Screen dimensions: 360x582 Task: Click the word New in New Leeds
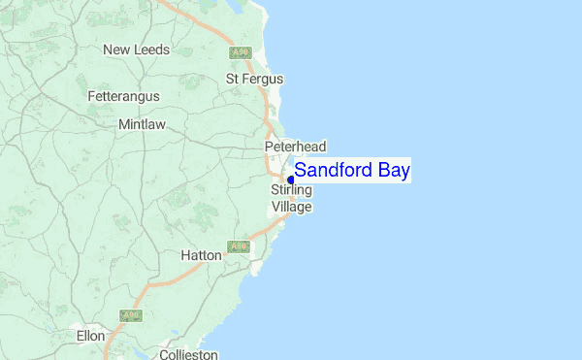[x=117, y=49]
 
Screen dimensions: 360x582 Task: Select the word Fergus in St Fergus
[x=264, y=78]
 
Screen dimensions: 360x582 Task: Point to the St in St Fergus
[x=233, y=78]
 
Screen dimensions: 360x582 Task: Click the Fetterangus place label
[x=123, y=97]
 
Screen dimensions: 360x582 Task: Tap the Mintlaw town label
[x=142, y=124]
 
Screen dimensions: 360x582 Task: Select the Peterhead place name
[x=295, y=146]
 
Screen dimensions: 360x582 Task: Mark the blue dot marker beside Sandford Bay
[x=291, y=180]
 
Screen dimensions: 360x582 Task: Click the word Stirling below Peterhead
[x=291, y=191]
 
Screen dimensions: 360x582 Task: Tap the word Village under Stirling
[x=291, y=207]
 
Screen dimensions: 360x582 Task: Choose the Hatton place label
[x=202, y=255]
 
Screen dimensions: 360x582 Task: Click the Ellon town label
[x=90, y=336]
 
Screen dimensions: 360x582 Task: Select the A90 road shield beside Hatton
[x=240, y=247]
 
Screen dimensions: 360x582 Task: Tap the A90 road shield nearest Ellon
[x=130, y=315]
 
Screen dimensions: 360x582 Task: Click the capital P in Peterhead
[x=270, y=146]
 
